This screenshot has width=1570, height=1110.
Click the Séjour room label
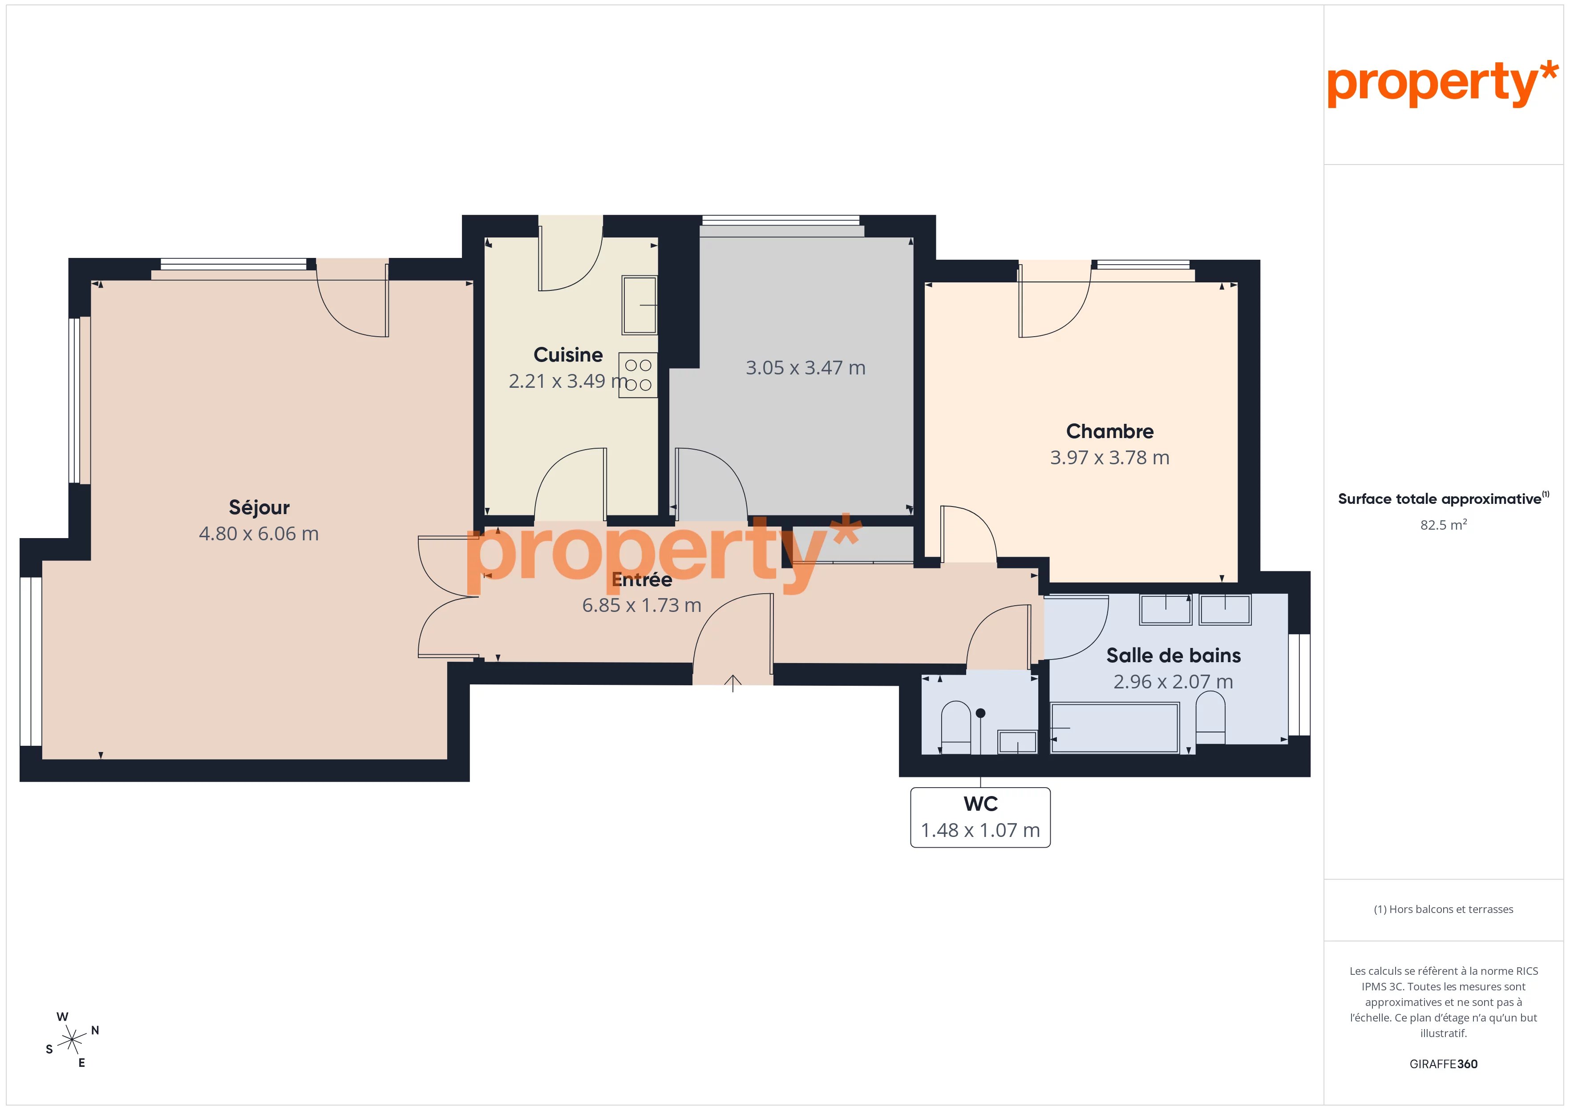(259, 507)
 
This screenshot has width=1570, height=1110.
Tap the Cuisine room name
(568, 355)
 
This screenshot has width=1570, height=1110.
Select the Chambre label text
(1110, 431)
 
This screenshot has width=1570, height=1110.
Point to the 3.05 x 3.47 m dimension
(805, 368)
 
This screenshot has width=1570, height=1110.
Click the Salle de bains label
(1173, 656)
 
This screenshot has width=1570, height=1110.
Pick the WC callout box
(980, 817)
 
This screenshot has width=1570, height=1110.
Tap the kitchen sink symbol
(639, 305)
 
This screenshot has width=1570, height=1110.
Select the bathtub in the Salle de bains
(1115, 728)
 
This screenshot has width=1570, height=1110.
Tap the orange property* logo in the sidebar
(1443, 84)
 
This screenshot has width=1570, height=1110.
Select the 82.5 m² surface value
(1444, 525)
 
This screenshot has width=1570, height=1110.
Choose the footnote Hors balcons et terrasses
(1444, 909)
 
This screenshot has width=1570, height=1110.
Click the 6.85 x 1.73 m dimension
(641, 606)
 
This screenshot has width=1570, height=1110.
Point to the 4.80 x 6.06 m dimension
(259, 534)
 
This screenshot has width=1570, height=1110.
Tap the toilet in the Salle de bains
(1210, 718)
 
